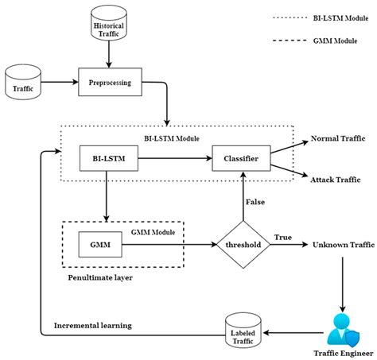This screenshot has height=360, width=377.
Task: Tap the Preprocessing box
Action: click(x=109, y=82)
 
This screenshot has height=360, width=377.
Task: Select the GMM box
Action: click(x=102, y=246)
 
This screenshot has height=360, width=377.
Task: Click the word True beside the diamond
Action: click(x=282, y=238)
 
